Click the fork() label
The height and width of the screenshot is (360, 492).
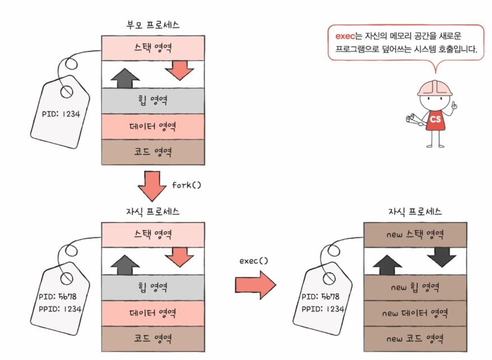click(x=185, y=185)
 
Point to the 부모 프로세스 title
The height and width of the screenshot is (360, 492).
click(x=154, y=25)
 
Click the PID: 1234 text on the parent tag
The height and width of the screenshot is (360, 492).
click(x=61, y=114)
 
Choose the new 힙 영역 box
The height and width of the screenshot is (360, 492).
click(x=415, y=288)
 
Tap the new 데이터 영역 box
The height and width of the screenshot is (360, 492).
click(x=415, y=314)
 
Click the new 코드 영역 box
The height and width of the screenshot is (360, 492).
click(x=415, y=339)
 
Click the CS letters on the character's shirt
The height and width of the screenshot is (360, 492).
click(x=435, y=119)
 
